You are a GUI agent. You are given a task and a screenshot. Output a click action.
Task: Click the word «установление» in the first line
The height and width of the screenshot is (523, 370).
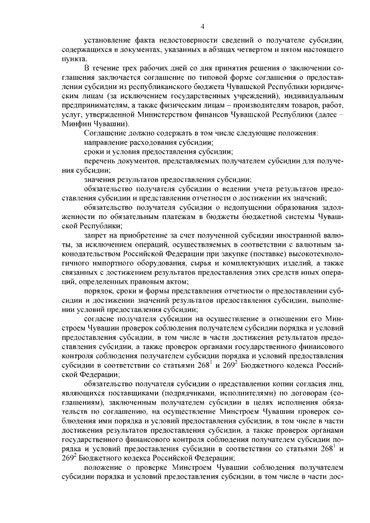pos(110,41)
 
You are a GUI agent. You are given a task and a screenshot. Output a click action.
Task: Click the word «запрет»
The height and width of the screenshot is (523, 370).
pos(96,235)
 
